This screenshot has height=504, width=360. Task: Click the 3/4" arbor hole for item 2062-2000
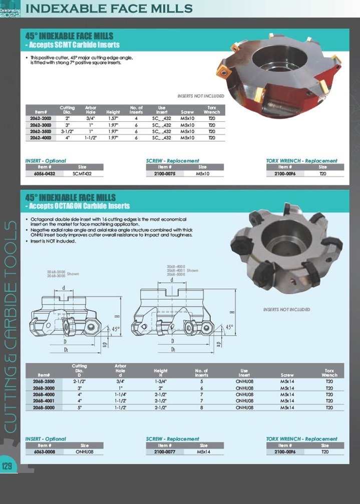pyautogui.click(x=91, y=119)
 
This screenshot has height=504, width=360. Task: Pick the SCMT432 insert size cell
pyautogui.click(x=82, y=173)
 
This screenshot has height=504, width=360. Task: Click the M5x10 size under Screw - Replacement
pyautogui.click(x=203, y=173)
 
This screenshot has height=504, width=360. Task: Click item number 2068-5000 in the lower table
pyautogui.click(x=44, y=408)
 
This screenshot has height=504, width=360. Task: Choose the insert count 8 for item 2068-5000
pyautogui.click(x=201, y=408)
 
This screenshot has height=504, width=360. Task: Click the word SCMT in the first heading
pyautogui.click(x=71, y=45)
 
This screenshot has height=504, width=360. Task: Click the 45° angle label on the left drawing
pyautogui.click(x=116, y=329)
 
